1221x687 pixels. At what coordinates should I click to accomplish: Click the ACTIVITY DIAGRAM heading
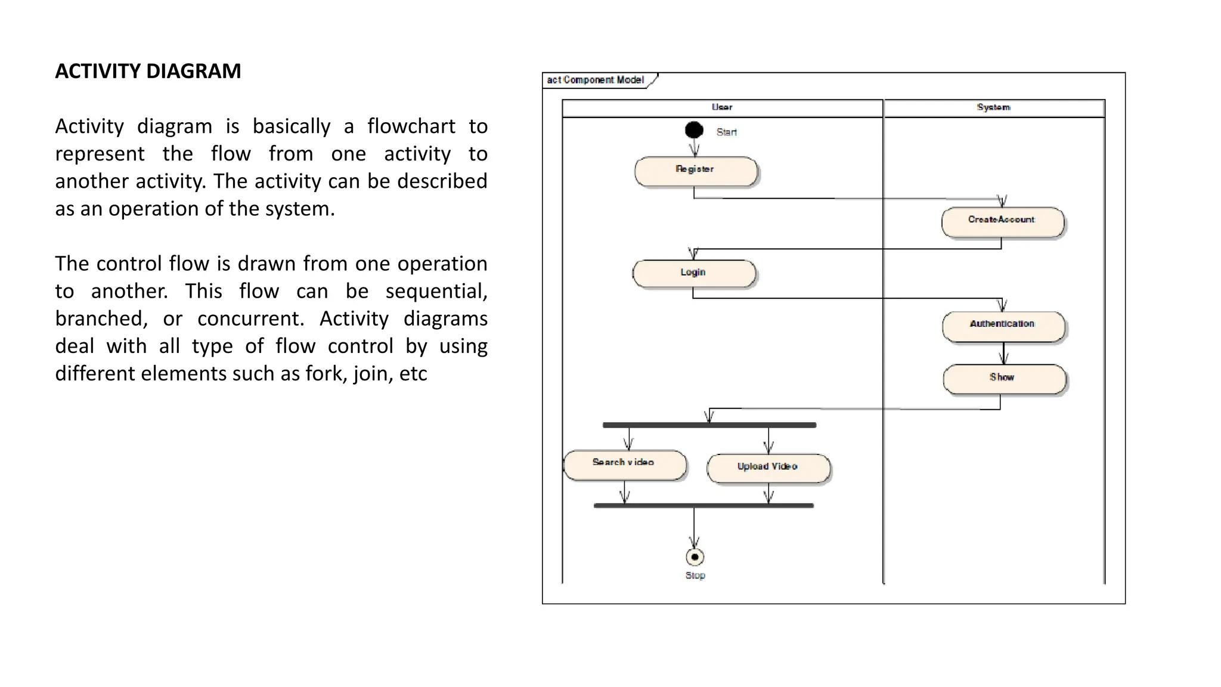point(148,71)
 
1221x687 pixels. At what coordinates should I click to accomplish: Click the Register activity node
point(695,172)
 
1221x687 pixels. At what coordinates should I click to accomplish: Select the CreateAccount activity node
point(1002,222)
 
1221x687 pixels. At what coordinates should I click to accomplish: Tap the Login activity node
point(693,274)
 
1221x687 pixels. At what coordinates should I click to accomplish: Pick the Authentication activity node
point(1003,326)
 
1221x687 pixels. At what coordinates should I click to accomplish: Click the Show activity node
point(1003,379)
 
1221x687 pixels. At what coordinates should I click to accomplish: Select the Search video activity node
point(624,465)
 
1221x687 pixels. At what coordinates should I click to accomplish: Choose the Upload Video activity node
point(768,468)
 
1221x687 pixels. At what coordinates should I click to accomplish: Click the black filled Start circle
point(694,130)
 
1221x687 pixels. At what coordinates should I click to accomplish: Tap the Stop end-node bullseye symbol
point(695,557)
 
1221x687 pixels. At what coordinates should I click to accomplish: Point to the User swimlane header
point(722,108)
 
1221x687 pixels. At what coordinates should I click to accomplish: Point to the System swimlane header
point(994,108)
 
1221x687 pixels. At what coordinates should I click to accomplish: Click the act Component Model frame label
point(596,80)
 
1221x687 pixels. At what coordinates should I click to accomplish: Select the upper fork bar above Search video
point(709,425)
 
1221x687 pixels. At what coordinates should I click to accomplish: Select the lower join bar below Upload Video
point(704,506)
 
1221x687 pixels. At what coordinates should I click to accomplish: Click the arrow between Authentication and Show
point(1003,354)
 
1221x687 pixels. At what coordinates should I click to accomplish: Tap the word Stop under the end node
point(695,575)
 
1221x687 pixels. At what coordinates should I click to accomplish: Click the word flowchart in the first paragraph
point(411,126)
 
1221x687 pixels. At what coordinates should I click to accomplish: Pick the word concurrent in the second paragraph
point(250,318)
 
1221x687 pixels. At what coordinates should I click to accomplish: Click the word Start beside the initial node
point(726,132)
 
